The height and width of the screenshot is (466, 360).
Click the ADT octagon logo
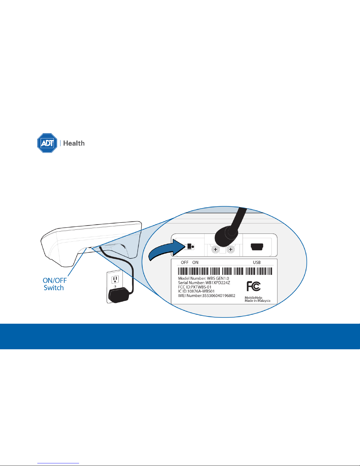tap(47, 143)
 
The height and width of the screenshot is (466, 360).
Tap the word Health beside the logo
tap(74, 143)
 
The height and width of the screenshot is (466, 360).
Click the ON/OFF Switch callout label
tap(54, 284)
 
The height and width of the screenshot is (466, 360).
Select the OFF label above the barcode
tap(185, 263)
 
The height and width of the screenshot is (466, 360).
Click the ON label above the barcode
tap(195, 263)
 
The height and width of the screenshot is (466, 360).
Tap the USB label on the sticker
tap(257, 263)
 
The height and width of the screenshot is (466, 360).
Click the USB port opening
tap(257, 247)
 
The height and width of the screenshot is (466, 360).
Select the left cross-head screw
tap(216, 249)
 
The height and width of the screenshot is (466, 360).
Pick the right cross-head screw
tap(231, 249)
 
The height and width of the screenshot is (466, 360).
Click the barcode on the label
tap(225, 271)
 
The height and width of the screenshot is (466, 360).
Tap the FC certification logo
tap(254, 286)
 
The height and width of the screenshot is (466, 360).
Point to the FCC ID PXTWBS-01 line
tap(195, 287)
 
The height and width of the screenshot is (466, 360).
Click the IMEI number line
tap(207, 295)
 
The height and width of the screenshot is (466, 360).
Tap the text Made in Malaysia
tap(257, 301)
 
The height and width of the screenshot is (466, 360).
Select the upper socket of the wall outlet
tap(115, 279)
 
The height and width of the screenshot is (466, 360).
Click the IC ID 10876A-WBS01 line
tap(196, 291)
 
